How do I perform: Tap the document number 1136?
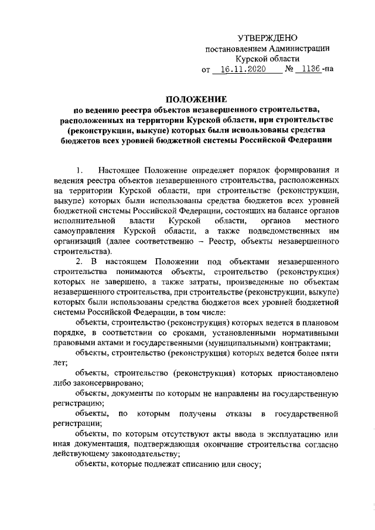[x=307, y=70]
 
